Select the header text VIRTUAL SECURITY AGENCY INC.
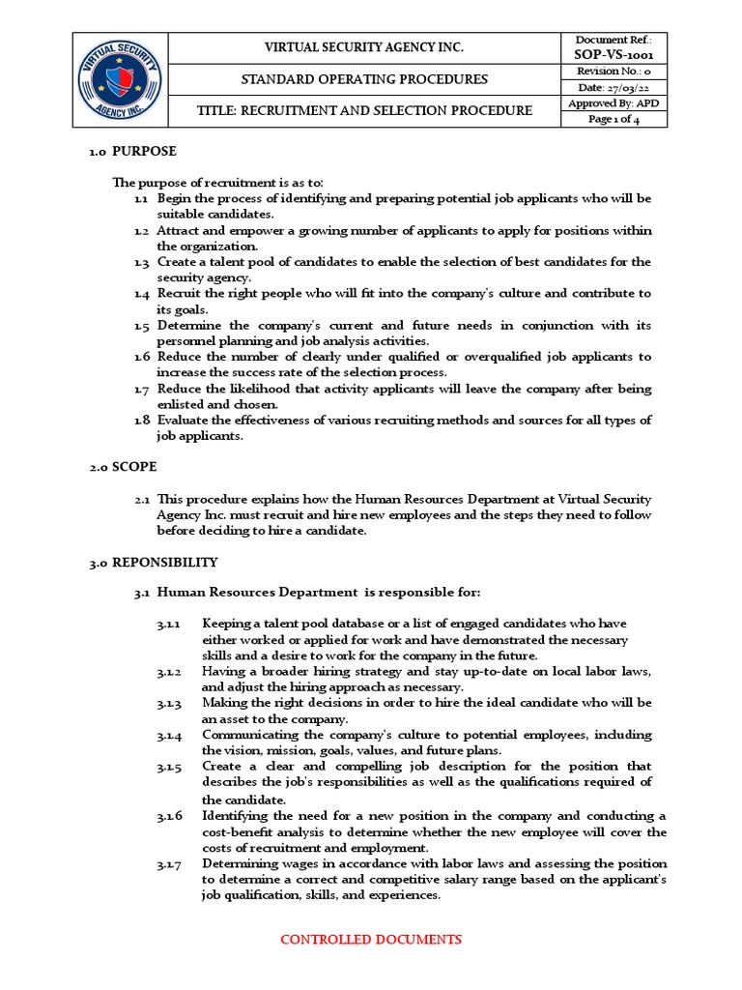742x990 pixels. (x=364, y=47)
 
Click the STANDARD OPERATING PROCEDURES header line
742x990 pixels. (x=364, y=79)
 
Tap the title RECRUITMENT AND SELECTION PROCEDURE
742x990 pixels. (x=364, y=111)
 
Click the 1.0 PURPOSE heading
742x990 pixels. (x=132, y=152)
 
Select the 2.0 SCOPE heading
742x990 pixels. (x=123, y=466)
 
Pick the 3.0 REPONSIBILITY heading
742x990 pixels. (x=154, y=562)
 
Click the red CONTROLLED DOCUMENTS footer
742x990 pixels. (x=371, y=939)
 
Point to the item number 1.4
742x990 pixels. (x=142, y=293)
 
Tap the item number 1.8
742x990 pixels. (x=142, y=420)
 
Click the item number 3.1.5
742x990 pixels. (x=170, y=767)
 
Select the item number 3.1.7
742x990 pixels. (x=170, y=862)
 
